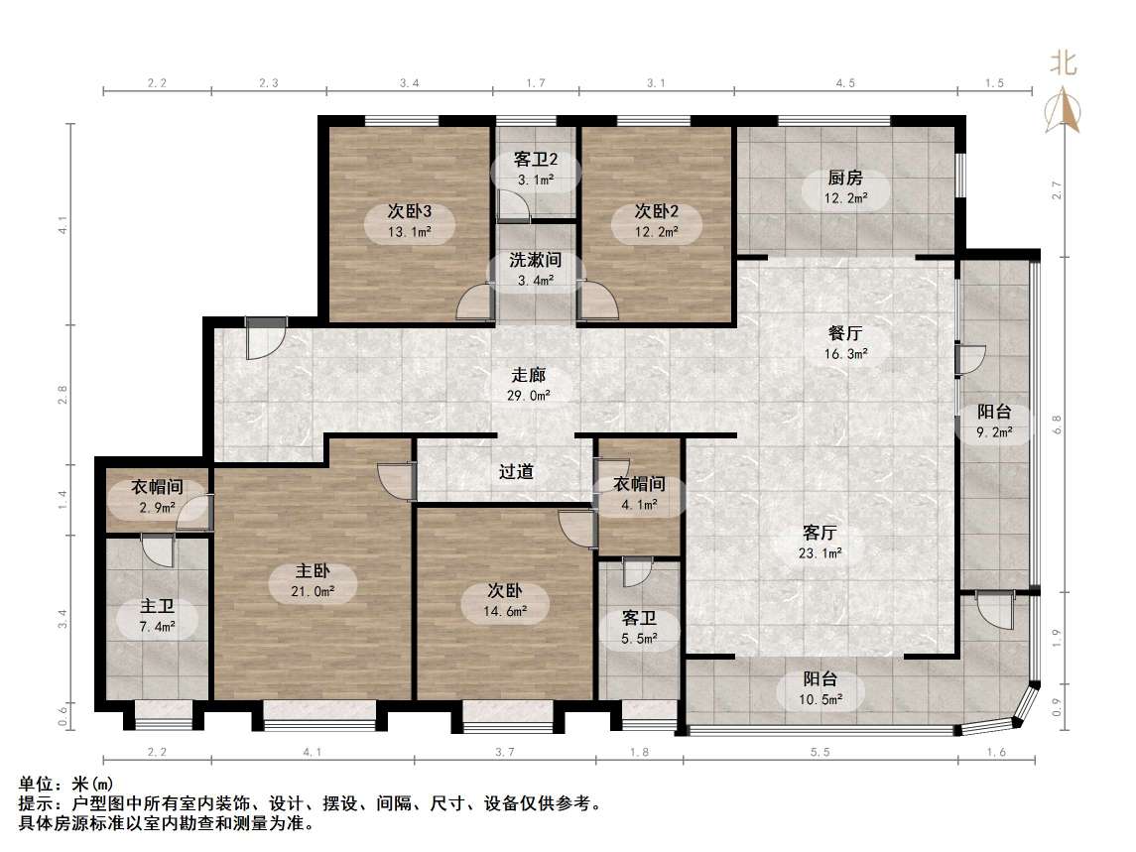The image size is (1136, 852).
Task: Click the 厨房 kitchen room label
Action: click(x=845, y=179)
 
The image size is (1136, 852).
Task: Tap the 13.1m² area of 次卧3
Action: click(x=409, y=233)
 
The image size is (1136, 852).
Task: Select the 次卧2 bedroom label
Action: click(x=656, y=211)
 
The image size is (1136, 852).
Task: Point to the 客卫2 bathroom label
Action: click(x=536, y=159)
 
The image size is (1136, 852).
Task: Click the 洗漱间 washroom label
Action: click(x=536, y=261)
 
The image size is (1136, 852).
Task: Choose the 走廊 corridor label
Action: click(x=529, y=377)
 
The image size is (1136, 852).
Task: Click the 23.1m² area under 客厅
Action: click(x=821, y=553)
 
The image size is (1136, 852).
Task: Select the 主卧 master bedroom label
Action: click(x=313, y=572)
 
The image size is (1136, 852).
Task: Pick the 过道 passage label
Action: click(x=516, y=472)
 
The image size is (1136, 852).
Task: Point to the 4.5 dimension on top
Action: click(x=845, y=83)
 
